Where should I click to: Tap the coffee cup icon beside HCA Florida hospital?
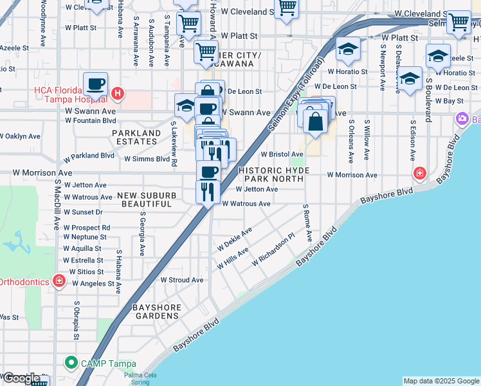(x=96, y=84)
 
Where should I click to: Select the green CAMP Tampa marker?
(x=70, y=363)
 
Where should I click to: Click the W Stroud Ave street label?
(x=181, y=280)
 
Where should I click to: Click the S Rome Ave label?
(x=307, y=223)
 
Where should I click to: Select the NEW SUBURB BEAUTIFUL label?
(x=144, y=199)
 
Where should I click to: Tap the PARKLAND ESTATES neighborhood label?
(x=136, y=138)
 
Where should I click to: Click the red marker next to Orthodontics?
(x=59, y=280)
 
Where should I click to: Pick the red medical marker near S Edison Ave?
(x=419, y=172)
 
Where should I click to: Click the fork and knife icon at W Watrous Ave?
(x=208, y=191)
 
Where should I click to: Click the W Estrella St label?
(x=83, y=261)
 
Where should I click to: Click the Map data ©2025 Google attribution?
(x=440, y=381)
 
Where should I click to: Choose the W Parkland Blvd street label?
(x=89, y=156)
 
